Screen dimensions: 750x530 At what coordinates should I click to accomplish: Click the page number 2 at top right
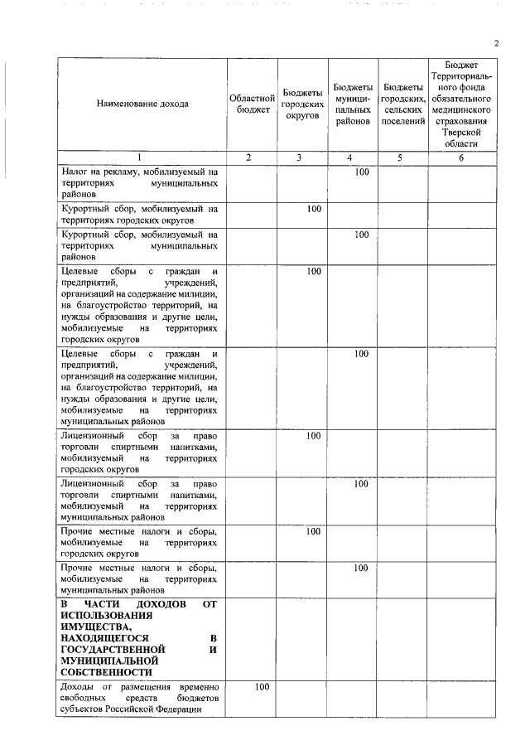pyautogui.click(x=496, y=44)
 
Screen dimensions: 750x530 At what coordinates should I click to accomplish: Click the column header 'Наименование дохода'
pyautogui.click(x=142, y=104)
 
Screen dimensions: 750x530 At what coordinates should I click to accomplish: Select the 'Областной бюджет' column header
pyautogui.click(x=251, y=104)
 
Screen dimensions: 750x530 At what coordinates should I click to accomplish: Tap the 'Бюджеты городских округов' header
pyautogui.click(x=301, y=104)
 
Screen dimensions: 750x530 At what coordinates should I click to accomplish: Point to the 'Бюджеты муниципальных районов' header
pyautogui.click(x=353, y=104)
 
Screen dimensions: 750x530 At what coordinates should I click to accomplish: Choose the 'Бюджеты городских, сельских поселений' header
pyautogui.click(x=402, y=104)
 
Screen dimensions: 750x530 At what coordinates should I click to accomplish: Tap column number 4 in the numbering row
pyautogui.click(x=351, y=157)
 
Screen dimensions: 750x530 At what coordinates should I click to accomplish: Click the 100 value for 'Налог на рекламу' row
pyautogui.click(x=361, y=172)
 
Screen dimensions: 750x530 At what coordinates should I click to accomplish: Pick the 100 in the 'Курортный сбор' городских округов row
pyautogui.click(x=313, y=209)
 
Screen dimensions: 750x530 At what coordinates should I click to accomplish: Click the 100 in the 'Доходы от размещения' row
pyautogui.click(x=262, y=687)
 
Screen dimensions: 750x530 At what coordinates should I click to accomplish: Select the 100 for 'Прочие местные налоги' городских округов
pyautogui.click(x=313, y=531)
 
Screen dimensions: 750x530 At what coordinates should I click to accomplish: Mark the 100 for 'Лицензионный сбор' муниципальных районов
pyautogui.click(x=361, y=483)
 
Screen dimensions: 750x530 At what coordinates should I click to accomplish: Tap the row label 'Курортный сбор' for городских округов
pyautogui.click(x=139, y=215)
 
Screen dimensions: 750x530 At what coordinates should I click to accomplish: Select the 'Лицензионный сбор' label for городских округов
pyautogui.click(x=139, y=452)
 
